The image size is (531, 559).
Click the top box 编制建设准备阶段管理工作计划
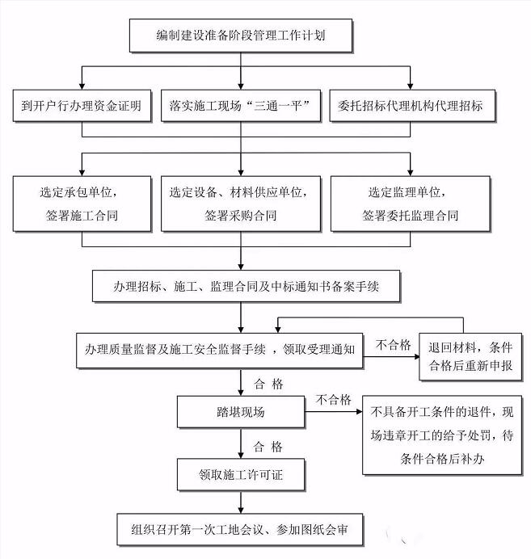(241, 36)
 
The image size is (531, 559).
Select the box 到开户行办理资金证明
(82, 106)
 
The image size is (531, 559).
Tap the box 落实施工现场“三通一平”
(241, 106)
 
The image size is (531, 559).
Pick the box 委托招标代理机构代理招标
(413, 106)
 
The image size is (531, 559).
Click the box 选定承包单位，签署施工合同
(82, 204)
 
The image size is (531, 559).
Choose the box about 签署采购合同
(241, 204)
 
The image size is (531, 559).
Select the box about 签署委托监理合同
(411, 204)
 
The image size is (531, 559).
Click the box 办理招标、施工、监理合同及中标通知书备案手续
(246, 286)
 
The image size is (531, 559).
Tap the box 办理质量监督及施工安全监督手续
(220, 351)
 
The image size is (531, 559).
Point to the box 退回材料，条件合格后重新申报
(470, 357)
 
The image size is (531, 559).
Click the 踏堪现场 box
(241, 412)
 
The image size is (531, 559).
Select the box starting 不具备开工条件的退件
(442, 435)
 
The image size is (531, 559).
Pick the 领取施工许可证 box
(241, 475)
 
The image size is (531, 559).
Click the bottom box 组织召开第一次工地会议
(240, 530)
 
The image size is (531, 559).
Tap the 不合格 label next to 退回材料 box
(394, 345)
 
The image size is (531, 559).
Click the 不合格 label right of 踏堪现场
(334, 400)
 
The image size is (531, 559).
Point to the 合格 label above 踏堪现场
(268, 384)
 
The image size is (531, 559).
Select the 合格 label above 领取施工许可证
(268, 447)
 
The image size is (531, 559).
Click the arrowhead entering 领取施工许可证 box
(241, 456)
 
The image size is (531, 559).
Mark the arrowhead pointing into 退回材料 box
(416, 356)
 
